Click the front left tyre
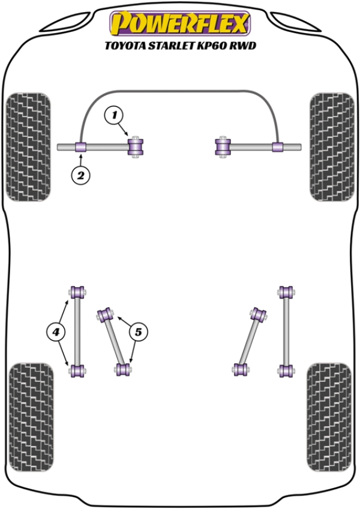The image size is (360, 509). point(28,146)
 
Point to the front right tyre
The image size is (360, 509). point(331,146)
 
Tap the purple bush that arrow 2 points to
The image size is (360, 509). point(82,146)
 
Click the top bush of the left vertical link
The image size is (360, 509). point(77,292)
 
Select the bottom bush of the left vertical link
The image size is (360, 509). point(77,370)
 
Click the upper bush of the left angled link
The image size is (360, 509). point(106,313)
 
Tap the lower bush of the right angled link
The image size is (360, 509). point(241,370)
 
